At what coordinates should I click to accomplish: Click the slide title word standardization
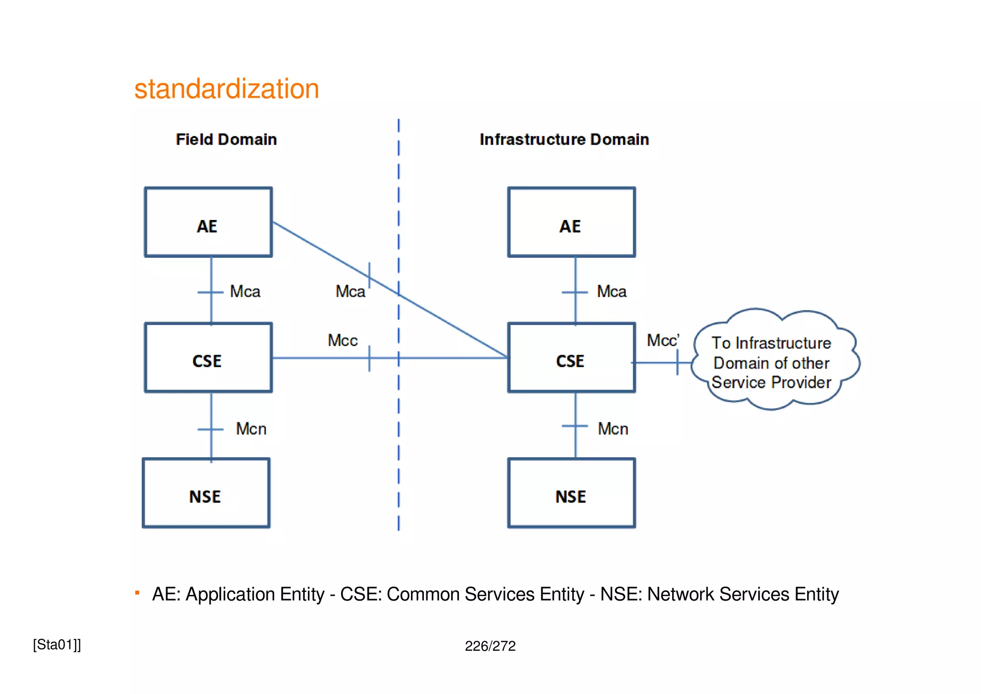[227, 89]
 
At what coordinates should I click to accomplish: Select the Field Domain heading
[226, 139]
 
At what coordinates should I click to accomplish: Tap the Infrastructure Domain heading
[564, 139]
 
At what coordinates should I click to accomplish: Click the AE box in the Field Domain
[208, 222]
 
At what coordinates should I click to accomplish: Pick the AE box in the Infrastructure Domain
[571, 222]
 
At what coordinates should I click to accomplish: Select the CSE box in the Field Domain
[208, 358]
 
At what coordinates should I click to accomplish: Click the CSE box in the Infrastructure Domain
[571, 358]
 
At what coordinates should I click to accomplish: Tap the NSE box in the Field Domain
[206, 493]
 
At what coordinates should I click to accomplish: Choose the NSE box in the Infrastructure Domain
[571, 493]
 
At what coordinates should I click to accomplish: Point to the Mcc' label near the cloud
[662, 340]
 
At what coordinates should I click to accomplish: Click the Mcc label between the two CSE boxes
[342, 340]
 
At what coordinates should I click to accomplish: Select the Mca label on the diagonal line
[350, 291]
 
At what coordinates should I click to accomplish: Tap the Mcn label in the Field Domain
[251, 429]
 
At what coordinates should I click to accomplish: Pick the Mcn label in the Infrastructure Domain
[613, 429]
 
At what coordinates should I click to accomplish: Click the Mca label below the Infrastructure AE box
[611, 291]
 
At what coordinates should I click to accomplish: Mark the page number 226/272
[490, 646]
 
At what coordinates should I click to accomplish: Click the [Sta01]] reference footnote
[57, 645]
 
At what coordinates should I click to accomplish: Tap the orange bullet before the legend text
[137, 593]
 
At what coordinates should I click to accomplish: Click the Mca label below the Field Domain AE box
[245, 291]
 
